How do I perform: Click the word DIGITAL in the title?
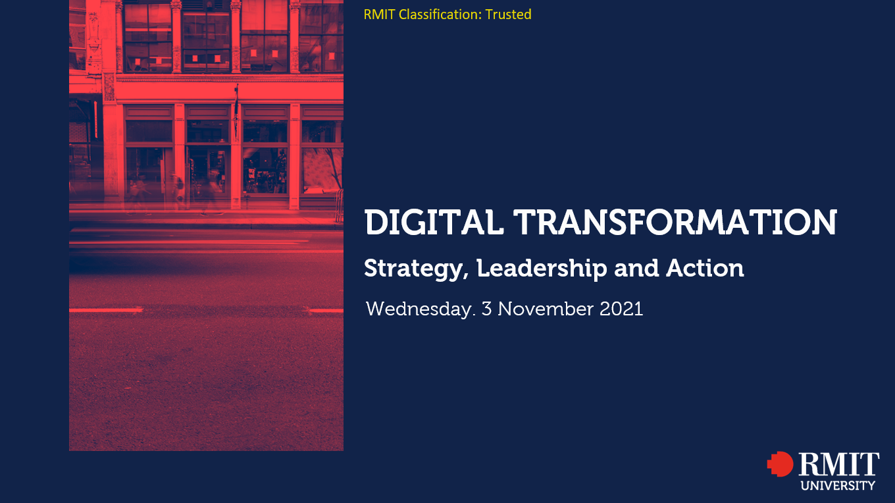coord(434,222)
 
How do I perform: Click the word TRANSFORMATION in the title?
coord(675,222)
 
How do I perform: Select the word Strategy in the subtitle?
coord(416,269)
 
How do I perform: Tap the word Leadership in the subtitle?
coord(542,268)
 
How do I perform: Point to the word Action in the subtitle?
coord(705,268)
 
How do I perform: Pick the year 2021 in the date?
coord(621,309)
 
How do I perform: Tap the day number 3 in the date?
coord(486,309)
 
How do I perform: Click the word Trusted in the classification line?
coord(508,14)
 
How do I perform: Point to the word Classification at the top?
coord(440,14)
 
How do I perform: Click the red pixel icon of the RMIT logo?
coord(780,464)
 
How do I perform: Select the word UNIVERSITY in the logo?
coord(838,486)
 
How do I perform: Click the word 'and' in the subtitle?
coord(636,268)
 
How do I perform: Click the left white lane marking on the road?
coord(106,310)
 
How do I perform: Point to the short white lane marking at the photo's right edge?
coord(326,311)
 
